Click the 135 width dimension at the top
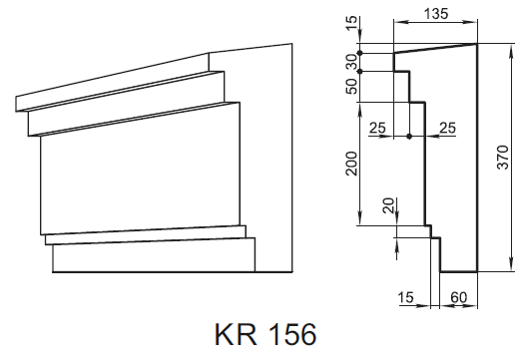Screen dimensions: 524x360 click(x=436, y=14)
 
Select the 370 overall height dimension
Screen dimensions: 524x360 click(x=503, y=158)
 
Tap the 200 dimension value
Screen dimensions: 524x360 click(x=351, y=164)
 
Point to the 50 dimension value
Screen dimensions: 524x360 click(x=351, y=87)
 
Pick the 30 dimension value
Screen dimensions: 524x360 click(x=351, y=62)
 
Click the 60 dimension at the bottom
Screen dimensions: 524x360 click(x=458, y=297)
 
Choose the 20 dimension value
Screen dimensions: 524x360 click(x=388, y=205)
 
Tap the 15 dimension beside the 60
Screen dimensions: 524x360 click(x=406, y=297)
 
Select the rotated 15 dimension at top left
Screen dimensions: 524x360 click(x=351, y=23)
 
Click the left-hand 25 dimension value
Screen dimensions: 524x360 click(x=377, y=128)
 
